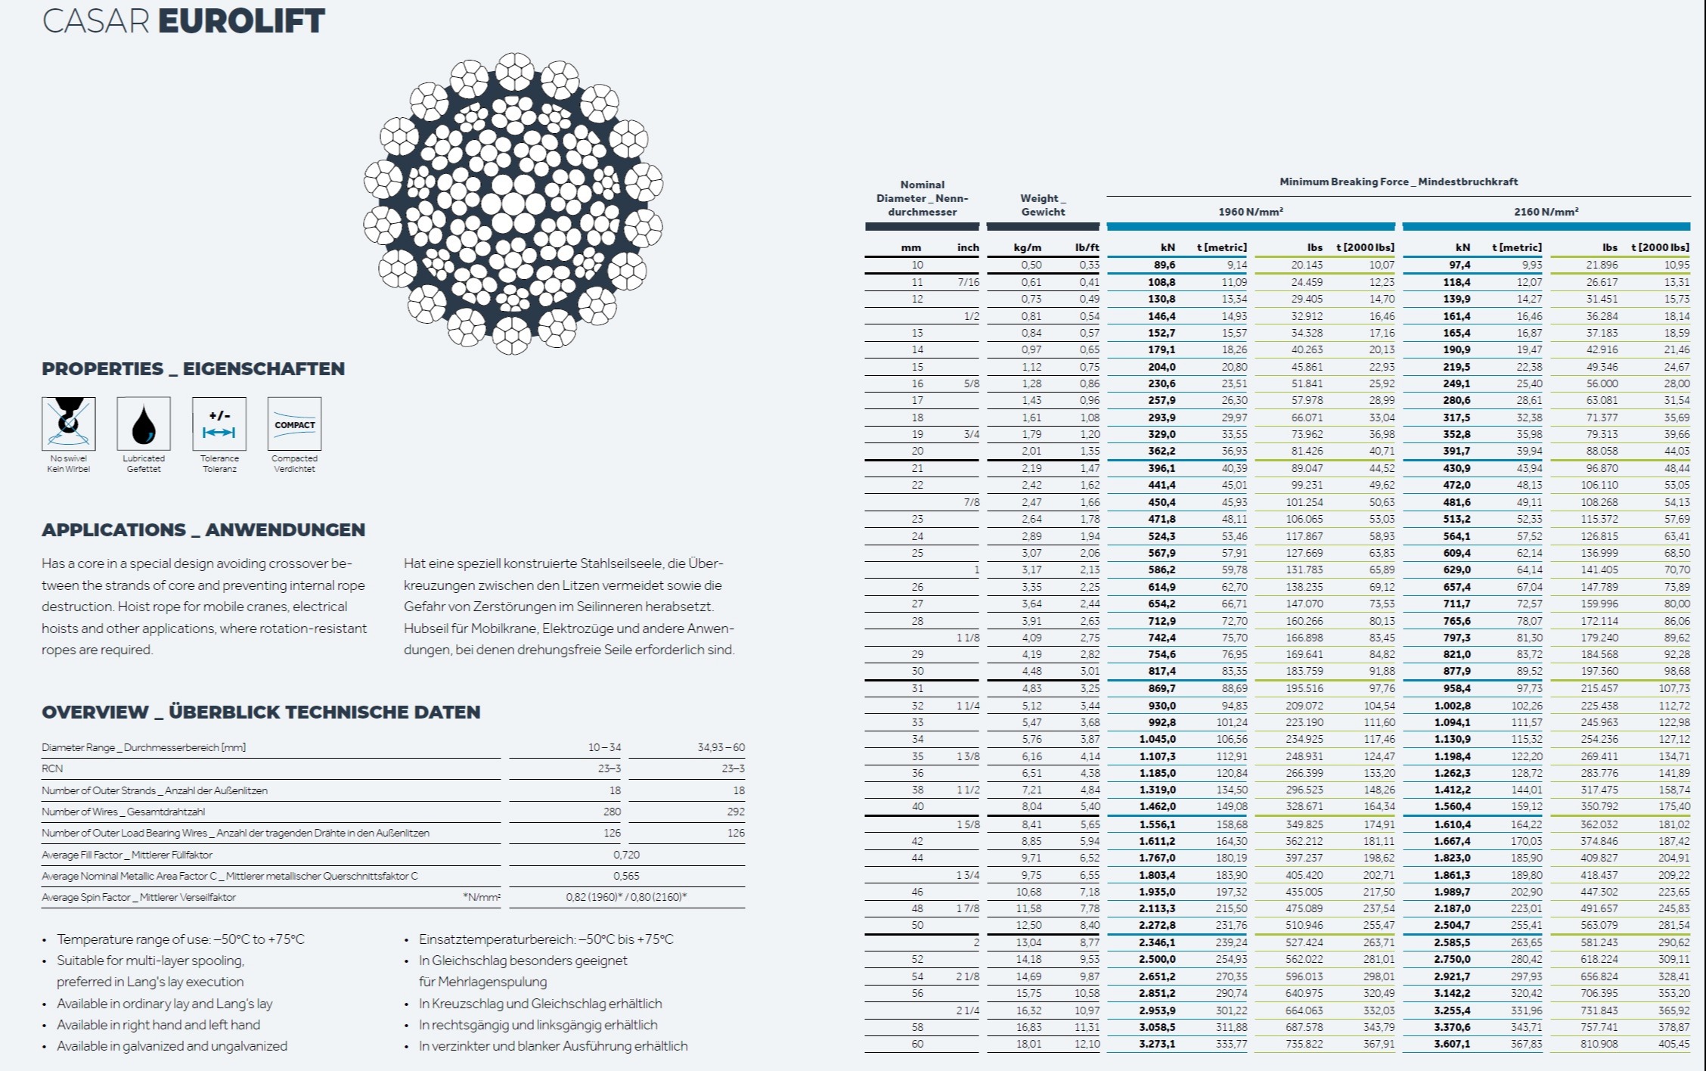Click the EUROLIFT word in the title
click(x=241, y=20)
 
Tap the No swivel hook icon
click(x=69, y=424)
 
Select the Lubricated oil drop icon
click(x=144, y=424)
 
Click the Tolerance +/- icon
click(x=219, y=424)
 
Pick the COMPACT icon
click(x=294, y=424)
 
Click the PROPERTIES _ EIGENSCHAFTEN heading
click(x=193, y=369)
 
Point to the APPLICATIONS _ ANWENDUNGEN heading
click(x=203, y=529)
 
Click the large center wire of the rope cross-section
click(x=513, y=203)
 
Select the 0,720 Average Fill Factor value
click(x=626, y=855)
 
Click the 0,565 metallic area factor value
click(x=626, y=876)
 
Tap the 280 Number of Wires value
click(x=612, y=812)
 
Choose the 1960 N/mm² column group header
click(x=1251, y=212)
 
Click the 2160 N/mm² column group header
click(x=1546, y=212)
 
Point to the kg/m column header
click(x=1028, y=247)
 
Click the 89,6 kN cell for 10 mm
click(x=1165, y=265)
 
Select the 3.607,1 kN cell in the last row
click(x=1452, y=1044)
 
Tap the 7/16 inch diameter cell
click(x=968, y=282)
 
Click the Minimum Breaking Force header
click(x=1398, y=182)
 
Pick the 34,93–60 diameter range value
click(x=721, y=747)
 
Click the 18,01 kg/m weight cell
click(x=1029, y=1044)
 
